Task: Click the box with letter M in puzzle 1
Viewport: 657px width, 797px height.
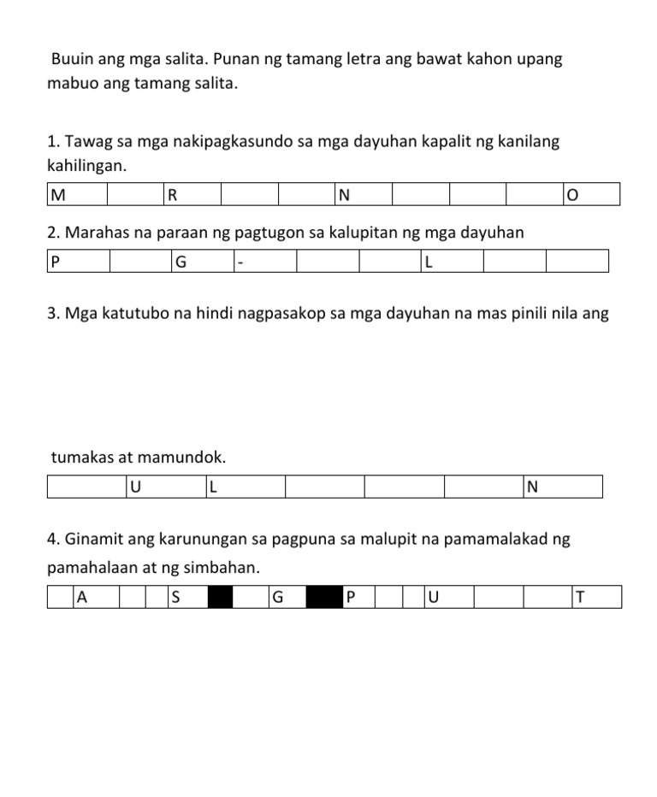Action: pyautogui.click(x=77, y=195)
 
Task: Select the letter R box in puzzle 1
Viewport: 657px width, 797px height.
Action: pyautogui.click(x=192, y=195)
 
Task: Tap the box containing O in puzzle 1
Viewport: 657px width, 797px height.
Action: pyautogui.click(x=591, y=195)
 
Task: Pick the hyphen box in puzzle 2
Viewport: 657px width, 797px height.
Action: pyautogui.click(x=264, y=262)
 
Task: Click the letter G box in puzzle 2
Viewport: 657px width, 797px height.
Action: pyautogui.click(x=202, y=262)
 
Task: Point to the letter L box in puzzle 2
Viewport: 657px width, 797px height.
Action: pyautogui.click(x=452, y=262)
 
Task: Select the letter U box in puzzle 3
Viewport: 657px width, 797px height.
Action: pyautogui.click(x=166, y=487)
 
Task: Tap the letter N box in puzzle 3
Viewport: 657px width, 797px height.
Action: pyautogui.click(x=562, y=487)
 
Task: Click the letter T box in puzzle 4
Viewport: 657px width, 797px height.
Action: pyautogui.click(x=596, y=597)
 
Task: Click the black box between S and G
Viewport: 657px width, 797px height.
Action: pyautogui.click(x=221, y=597)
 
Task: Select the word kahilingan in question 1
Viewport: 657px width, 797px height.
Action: pyautogui.click(x=86, y=166)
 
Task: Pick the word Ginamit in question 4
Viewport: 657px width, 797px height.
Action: pyautogui.click(x=92, y=540)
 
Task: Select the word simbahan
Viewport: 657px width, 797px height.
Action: pyautogui.click(x=221, y=568)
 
